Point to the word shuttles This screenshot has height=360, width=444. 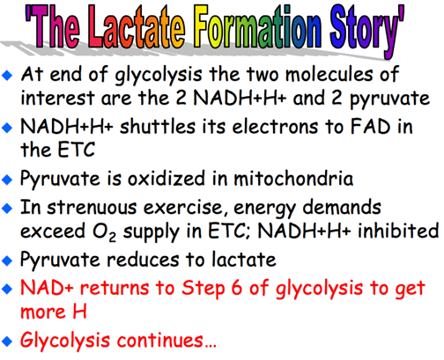point(158,127)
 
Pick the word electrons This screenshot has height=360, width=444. point(275,128)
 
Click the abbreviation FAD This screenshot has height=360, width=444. point(370,127)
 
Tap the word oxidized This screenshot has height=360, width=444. point(166,178)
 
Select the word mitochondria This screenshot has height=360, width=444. point(293,178)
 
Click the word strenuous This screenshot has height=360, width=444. point(92,208)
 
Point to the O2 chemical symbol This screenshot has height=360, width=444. point(104,232)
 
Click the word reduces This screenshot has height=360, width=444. point(143,260)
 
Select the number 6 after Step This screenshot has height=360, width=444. point(236,288)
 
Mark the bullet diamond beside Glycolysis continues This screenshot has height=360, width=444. point(7,342)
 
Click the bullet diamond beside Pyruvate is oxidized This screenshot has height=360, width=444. point(7,180)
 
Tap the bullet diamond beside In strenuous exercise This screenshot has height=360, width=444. point(7,209)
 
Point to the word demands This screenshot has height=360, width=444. point(342,208)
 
